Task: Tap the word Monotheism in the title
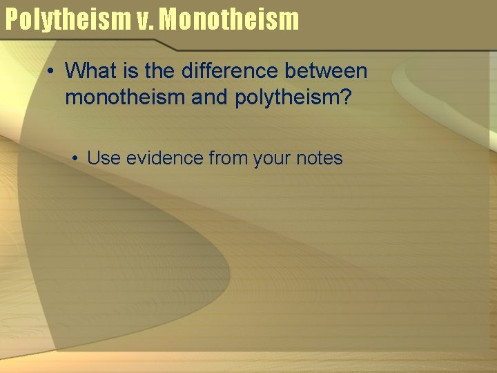229,19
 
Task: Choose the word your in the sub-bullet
272,158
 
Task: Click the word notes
319,158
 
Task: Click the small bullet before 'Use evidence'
74,159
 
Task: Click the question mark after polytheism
347,97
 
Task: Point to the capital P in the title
12,19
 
